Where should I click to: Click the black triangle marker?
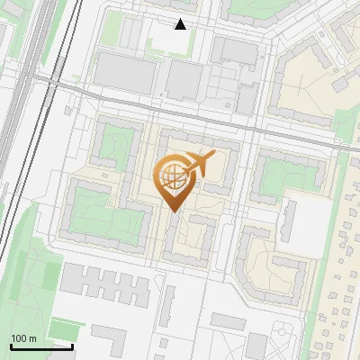(181, 24)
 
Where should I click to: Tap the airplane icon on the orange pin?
(198, 165)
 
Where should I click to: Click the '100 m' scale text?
(23, 338)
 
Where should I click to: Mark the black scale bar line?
(41, 346)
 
